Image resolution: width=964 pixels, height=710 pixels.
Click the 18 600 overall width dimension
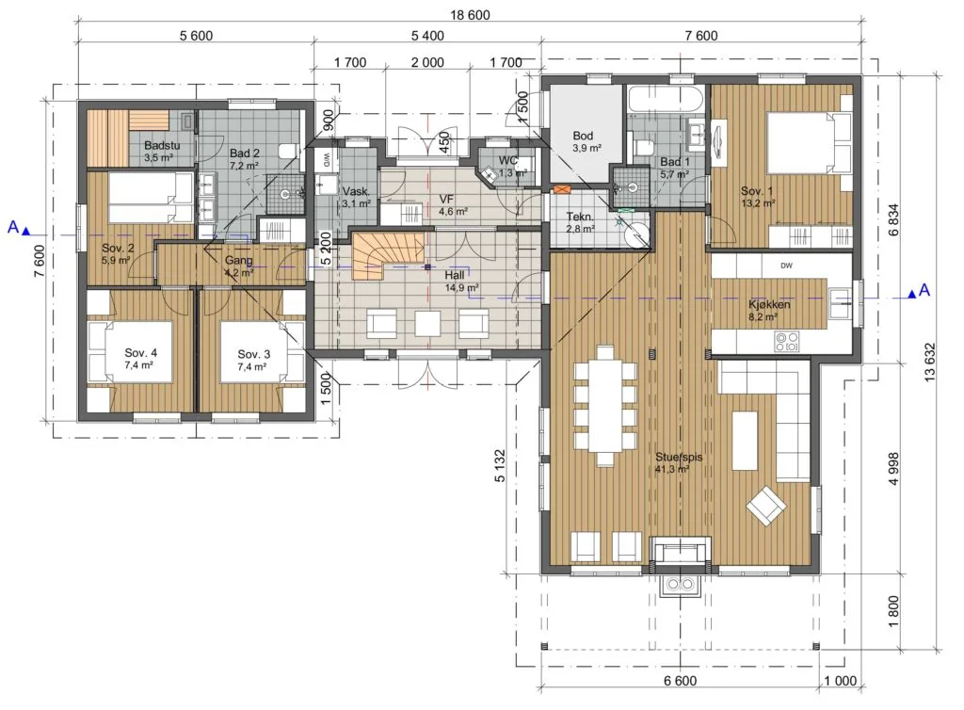471,15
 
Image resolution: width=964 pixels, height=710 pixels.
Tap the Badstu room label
162,146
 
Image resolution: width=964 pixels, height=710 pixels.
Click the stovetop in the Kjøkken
787,342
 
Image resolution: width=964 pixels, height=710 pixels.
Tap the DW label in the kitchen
786,266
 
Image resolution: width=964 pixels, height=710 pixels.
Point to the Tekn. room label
580,217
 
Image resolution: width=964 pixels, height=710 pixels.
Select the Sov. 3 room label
254,354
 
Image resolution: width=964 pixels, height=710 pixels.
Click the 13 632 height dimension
929,363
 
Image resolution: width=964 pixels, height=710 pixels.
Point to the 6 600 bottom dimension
680,681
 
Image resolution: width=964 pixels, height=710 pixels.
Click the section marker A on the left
13,227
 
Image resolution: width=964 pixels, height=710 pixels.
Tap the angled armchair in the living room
766,506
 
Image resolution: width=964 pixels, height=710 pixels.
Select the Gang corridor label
238,260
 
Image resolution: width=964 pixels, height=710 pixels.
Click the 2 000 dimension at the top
427,62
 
